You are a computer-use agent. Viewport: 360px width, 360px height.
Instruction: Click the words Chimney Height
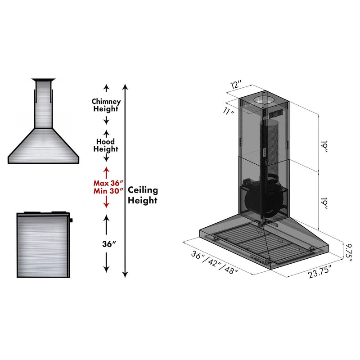click(x=106, y=105)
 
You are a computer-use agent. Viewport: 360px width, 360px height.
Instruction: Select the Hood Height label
click(x=106, y=145)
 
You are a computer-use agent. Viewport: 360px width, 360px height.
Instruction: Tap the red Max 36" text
click(x=106, y=183)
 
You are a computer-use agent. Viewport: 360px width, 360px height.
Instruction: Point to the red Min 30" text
click(x=106, y=191)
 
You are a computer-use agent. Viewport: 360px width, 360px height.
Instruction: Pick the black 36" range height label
click(x=106, y=244)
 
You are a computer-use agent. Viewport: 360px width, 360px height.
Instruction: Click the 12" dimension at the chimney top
click(x=237, y=85)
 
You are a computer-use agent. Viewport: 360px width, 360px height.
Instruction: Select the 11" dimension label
click(x=229, y=111)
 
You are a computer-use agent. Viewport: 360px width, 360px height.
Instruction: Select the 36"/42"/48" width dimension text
click(x=214, y=263)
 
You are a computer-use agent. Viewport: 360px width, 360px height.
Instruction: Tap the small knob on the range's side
click(x=70, y=220)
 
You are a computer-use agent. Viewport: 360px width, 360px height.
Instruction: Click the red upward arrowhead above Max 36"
click(x=106, y=170)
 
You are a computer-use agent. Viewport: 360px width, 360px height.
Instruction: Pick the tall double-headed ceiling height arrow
click(x=126, y=180)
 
